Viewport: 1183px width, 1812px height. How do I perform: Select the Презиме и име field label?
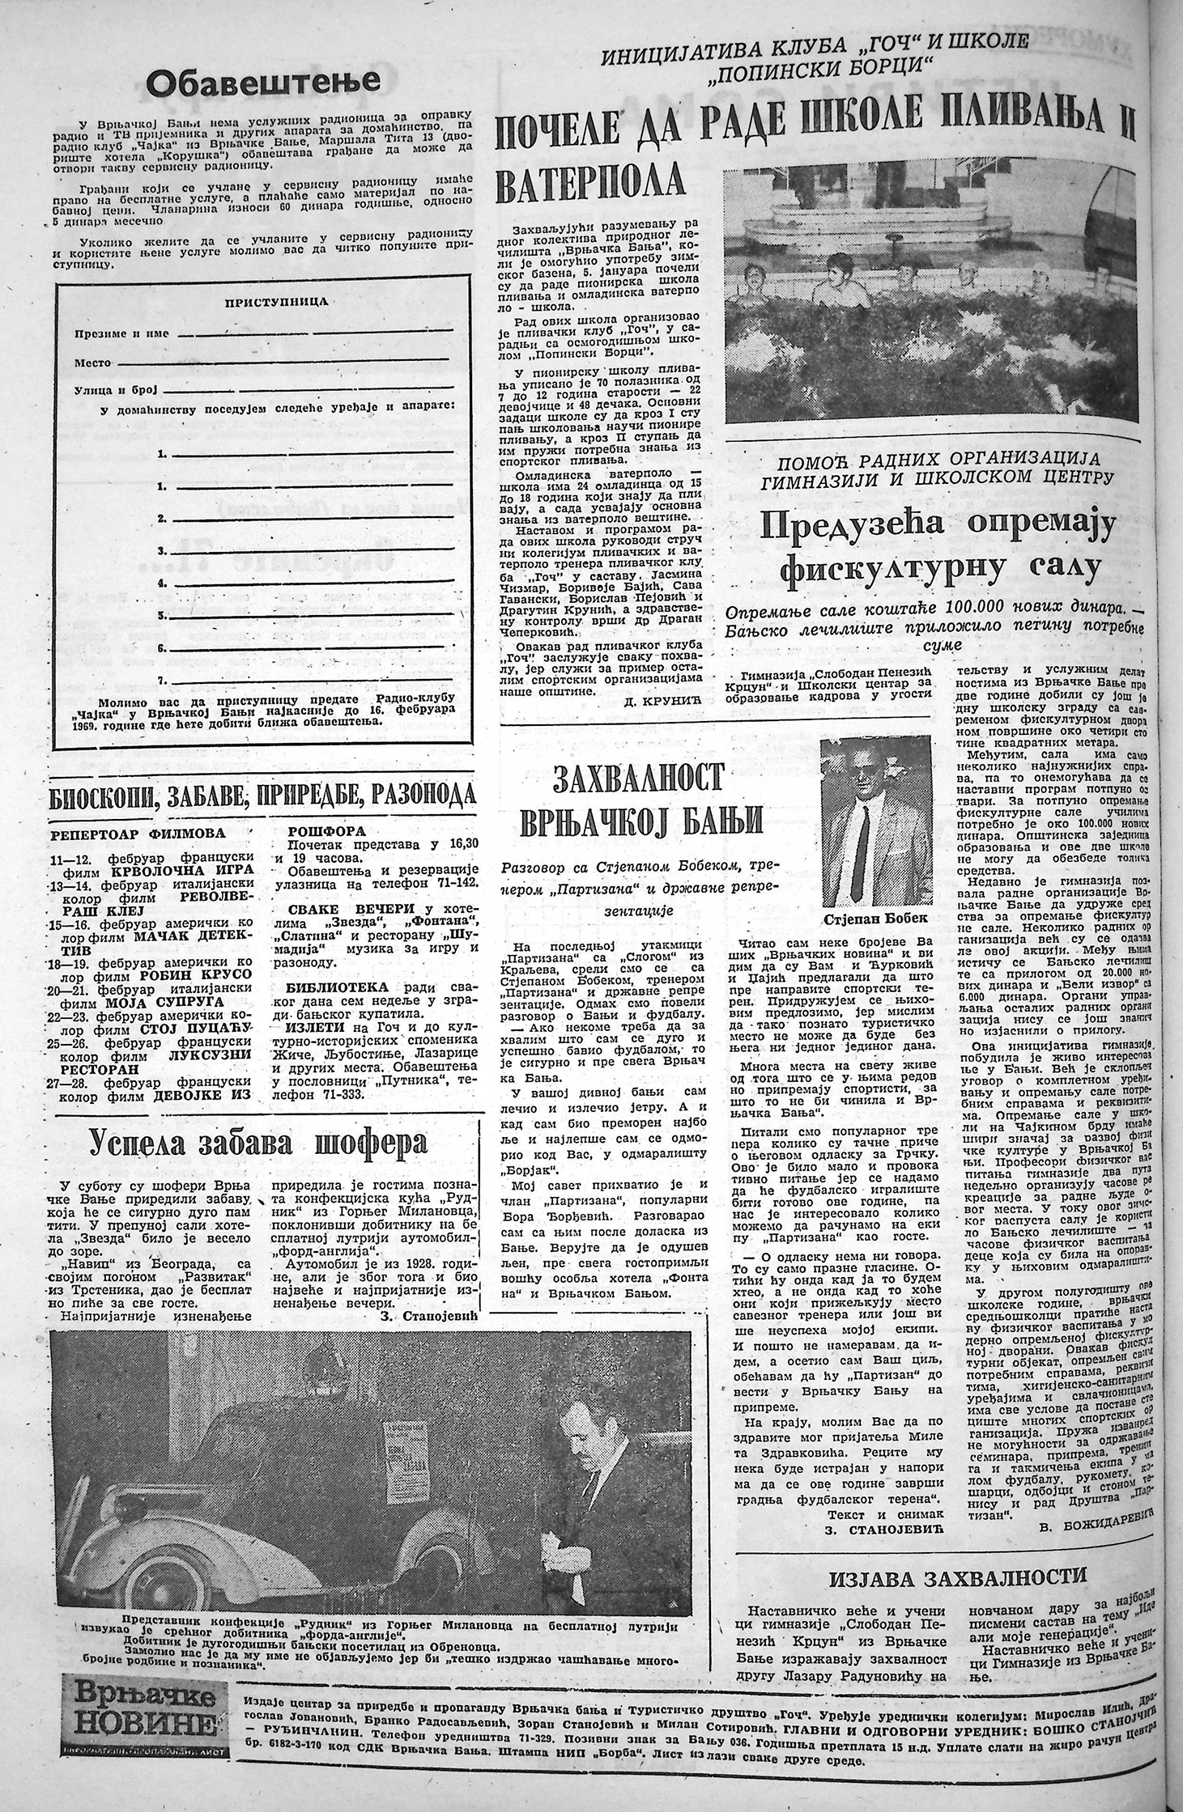(x=122, y=333)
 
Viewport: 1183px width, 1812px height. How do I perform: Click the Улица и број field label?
(x=117, y=390)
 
